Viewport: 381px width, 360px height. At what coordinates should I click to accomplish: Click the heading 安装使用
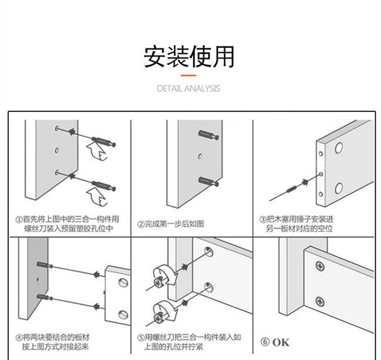(x=189, y=56)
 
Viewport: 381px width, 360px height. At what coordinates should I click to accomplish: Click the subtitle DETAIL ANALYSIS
(x=189, y=89)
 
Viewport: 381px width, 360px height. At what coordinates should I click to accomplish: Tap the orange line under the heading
(x=189, y=75)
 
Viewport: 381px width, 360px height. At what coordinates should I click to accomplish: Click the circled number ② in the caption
(x=141, y=223)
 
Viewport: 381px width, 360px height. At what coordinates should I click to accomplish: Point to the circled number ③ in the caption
(x=263, y=219)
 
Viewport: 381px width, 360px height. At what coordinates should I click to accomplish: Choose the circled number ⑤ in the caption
(x=141, y=338)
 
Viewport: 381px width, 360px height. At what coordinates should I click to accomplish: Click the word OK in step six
(x=281, y=342)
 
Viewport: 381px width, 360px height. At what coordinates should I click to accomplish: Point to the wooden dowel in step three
(x=295, y=186)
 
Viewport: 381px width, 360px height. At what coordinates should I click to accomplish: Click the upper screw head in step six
(x=319, y=267)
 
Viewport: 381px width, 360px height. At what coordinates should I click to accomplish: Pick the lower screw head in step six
(x=319, y=302)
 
